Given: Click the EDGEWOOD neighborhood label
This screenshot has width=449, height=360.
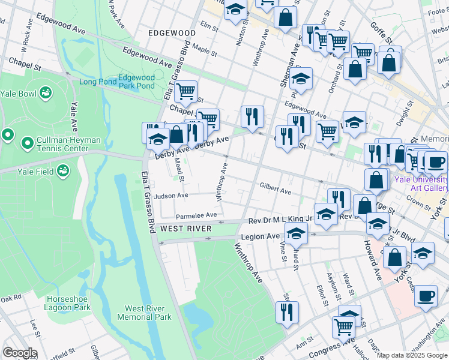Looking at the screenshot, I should pos(172,33).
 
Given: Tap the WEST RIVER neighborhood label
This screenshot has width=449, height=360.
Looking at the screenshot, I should pos(185,229).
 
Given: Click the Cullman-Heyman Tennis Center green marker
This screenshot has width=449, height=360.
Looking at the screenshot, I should pos(26,143).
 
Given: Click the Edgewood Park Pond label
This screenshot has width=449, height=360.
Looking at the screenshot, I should pos(137,82).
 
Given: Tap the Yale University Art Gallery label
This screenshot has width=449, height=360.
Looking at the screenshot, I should pos(421,184).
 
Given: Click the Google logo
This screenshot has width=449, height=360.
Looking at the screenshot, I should pos(19,353).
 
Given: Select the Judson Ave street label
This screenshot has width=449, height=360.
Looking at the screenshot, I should pos(171,196).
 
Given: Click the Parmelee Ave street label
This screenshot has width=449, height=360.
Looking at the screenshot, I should pos(196,215).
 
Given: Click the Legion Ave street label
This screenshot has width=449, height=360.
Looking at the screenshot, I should pos(261,237).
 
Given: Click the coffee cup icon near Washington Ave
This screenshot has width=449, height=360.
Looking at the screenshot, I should pos(426,296).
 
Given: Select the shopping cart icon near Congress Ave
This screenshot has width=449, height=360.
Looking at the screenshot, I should pos(343,326).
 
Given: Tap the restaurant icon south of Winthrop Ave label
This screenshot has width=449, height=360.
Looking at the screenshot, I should pos(287,311).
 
